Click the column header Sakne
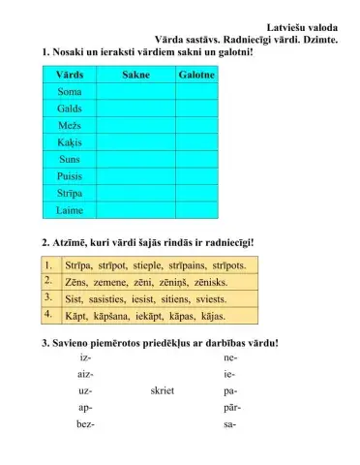[x=135, y=75]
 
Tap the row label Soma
[x=69, y=92]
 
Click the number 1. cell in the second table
[x=48, y=264]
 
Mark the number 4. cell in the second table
[x=48, y=315]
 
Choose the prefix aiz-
[x=85, y=375]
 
